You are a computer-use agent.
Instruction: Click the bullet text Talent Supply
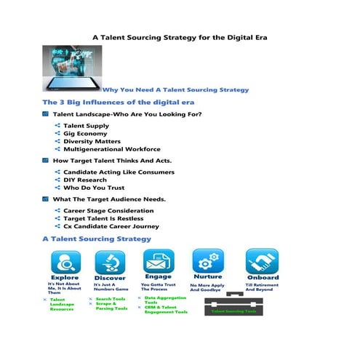click(86, 126)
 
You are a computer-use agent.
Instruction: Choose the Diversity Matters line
click(92, 142)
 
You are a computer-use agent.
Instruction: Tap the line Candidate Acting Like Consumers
click(119, 172)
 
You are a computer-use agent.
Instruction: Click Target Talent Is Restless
click(103, 218)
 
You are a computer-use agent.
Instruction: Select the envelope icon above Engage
click(157, 260)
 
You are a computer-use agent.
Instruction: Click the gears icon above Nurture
click(207, 260)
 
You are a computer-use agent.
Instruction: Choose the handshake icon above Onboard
click(261, 260)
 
